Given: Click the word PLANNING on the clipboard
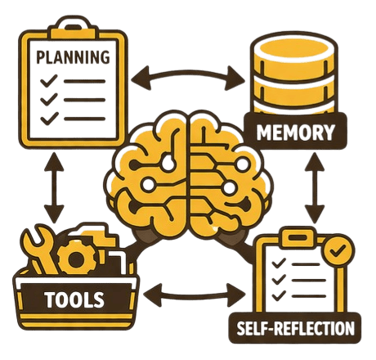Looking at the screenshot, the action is coord(73,56).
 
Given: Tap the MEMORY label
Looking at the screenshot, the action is coord(296,132).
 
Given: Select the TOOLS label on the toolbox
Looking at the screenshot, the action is coord(75,299).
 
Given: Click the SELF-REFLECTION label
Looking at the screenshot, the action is coord(295,328).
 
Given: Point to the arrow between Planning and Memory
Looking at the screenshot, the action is coord(188,73).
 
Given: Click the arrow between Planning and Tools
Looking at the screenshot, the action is coord(54,187).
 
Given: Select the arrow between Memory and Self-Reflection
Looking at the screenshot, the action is coord(315,188).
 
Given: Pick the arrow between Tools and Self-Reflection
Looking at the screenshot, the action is coord(194,295).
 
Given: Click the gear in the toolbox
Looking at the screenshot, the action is coord(75,258).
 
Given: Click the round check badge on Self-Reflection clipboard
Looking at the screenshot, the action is coord(338,250).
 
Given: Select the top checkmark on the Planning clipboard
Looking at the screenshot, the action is coord(49,80).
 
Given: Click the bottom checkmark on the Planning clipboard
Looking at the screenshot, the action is coord(49,119).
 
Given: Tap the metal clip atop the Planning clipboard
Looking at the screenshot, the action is coord(74,27).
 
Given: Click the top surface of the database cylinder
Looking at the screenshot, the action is coord(293,48).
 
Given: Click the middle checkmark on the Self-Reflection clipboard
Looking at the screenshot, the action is coord(279,279).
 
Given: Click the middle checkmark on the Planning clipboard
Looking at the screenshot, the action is coord(49,99).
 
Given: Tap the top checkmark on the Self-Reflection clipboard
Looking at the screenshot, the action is coord(279,263).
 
